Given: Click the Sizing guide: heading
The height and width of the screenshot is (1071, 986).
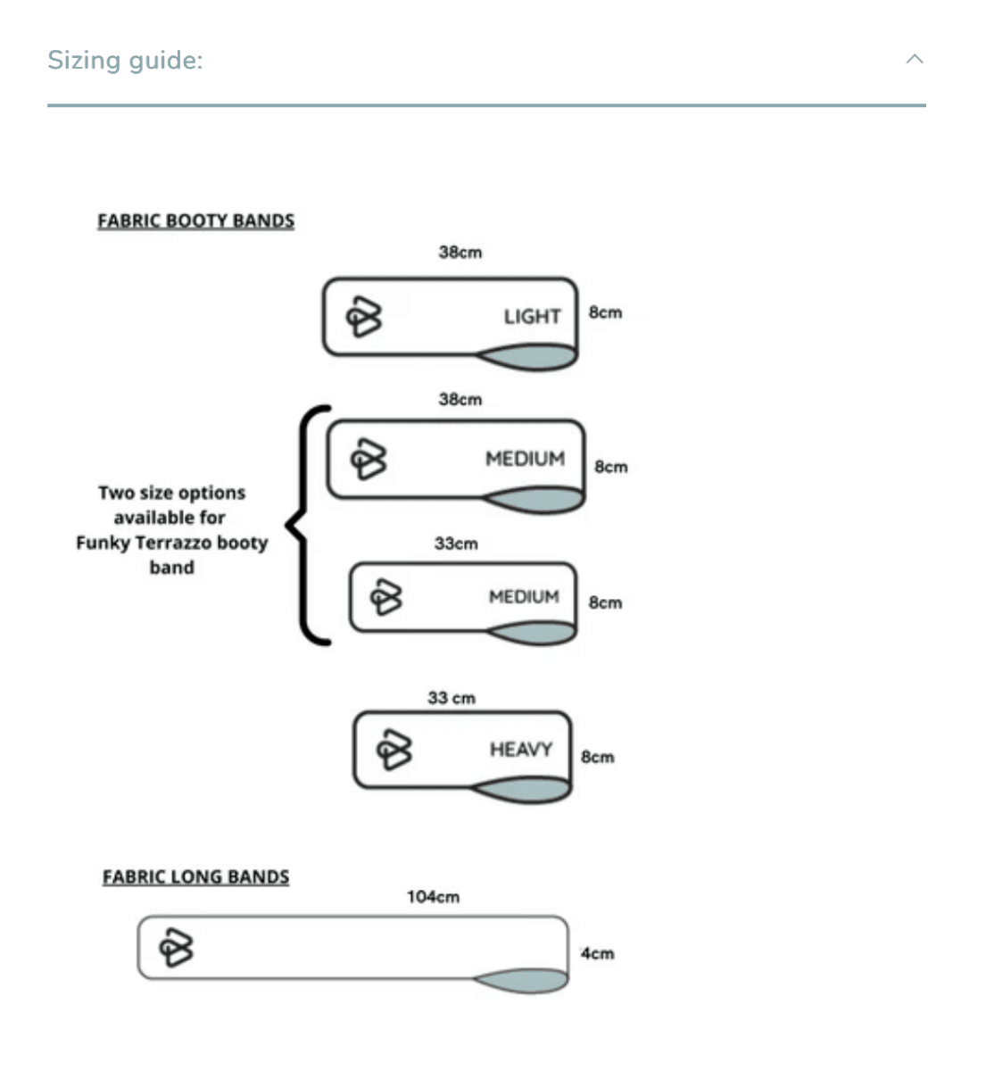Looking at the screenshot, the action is pos(125,61).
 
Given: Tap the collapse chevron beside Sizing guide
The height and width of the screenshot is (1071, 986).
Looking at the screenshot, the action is pos(915,59).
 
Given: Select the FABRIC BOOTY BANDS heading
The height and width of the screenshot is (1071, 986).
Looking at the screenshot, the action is pos(196,221).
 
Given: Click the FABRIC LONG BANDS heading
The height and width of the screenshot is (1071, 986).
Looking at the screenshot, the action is pos(196,876).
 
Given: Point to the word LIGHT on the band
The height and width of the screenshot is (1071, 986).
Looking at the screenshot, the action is pos(532,317).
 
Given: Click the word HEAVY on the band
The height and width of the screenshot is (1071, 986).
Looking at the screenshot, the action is pos(521,750).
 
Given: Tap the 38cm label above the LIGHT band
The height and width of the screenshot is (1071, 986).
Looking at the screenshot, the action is pos(460,252).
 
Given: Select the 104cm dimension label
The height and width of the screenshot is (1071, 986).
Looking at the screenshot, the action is pos(433,897).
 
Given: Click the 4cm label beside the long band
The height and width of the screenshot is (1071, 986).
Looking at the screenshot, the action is pos(598,953).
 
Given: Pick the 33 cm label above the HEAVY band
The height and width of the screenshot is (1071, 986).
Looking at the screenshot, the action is pos(452,698).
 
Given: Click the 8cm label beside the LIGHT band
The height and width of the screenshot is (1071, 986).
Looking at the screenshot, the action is pos(605,312).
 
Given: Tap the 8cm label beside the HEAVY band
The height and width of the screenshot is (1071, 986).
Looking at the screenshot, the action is pos(598,757).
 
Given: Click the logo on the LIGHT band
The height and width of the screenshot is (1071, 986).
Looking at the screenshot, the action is pos(364,317).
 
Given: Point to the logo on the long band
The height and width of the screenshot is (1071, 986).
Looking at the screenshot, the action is pos(176,947).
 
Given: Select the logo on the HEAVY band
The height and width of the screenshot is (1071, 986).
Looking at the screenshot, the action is pos(394,750).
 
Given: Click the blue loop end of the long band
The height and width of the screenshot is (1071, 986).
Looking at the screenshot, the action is pos(522,980).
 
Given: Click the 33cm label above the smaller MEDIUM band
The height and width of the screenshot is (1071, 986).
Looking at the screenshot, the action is pos(456,544).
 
